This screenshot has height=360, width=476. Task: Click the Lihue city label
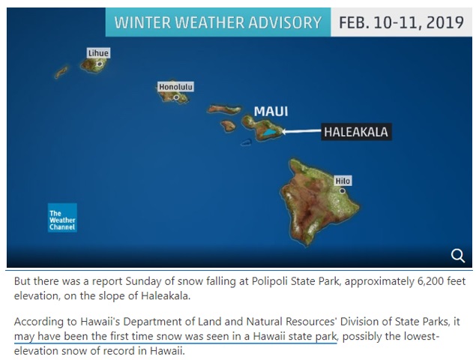click(98, 52)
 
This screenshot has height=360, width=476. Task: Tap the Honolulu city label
click(175, 87)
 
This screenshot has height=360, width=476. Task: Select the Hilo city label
click(343, 181)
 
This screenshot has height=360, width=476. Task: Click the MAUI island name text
click(271, 111)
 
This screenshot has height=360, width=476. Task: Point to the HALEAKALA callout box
click(356, 132)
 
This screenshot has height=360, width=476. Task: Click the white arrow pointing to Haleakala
click(301, 131)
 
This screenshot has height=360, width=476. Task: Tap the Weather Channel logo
click(62, 217)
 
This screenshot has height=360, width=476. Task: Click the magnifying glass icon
click(457, 256)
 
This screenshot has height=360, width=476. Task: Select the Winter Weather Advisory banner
click(218, 22)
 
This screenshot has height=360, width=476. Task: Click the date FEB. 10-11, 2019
click(401, 22)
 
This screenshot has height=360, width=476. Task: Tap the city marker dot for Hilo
click(342, 190)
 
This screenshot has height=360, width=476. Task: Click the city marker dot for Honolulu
click(176, 97)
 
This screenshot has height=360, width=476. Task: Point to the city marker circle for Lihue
click(99, 64)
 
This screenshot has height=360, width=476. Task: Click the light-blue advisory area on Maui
click(268, 132)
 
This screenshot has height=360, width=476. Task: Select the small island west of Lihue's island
click(61, 72)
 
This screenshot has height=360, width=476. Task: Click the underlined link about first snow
click(175, 336)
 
